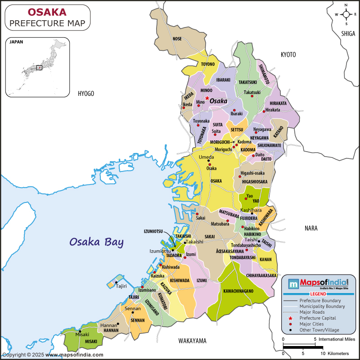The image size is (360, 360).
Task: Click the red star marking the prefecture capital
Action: pos(207,98)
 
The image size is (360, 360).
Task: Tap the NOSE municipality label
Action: pos(177,39)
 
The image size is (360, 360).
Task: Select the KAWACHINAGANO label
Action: pos(238,291)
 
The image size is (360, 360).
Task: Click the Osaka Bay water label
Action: pos(96,242)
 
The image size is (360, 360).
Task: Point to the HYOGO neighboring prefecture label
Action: pos(86,94)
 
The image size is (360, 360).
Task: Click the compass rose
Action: pos(346,14)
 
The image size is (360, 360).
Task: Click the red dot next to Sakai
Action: pos(197,214)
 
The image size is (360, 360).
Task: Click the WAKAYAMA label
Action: pos(192,340)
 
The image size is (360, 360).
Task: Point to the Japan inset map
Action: pos(38,67)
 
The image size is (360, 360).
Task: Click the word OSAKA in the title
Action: pos(47,11)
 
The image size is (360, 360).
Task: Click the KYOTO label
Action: pos(288,54)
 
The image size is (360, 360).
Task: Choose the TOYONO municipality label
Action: pos(207,64)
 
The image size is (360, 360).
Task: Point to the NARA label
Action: pos(311,228)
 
